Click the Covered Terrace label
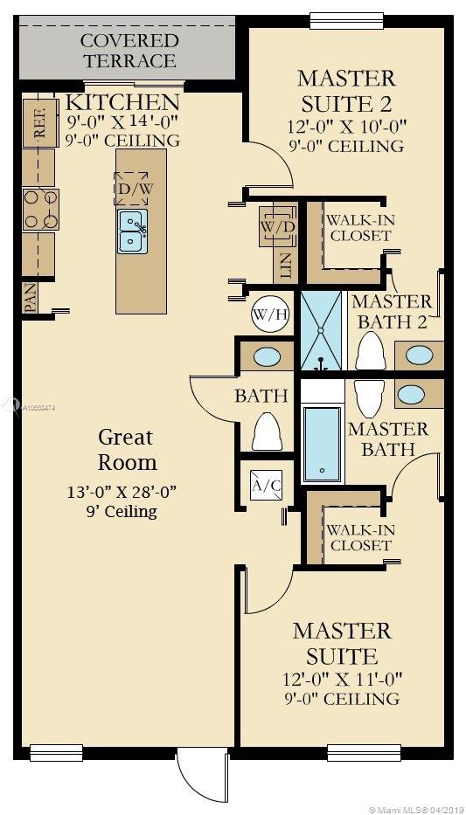129,51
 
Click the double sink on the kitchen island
132,229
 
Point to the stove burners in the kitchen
40,210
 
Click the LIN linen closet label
285,266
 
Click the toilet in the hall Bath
267,431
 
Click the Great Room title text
125,449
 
